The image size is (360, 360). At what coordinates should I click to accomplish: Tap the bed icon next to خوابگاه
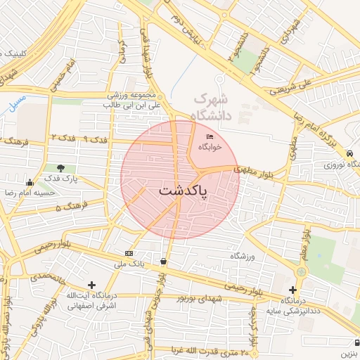click(210, 136)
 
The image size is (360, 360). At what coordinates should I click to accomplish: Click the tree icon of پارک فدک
click(60, 168)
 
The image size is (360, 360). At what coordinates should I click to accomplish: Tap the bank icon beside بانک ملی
click(129, 253)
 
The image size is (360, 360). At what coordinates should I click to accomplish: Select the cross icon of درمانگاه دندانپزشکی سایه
click(292, 290)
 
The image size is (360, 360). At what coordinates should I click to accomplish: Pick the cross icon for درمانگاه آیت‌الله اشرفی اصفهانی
click(91, 285)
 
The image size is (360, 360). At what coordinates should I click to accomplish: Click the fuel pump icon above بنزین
click(356, 342)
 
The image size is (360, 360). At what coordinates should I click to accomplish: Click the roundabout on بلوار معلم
click(302, 271)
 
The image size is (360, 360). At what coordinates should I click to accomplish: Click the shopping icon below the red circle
click(163, 261)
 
